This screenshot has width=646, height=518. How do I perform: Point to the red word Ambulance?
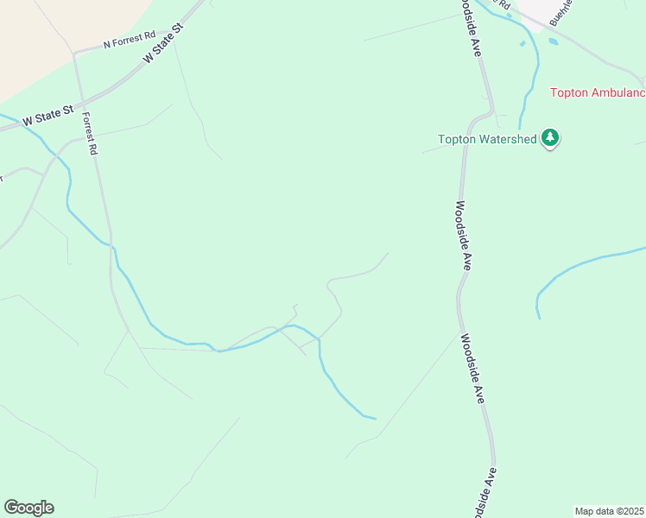pyautogui.click(x=618, y=93)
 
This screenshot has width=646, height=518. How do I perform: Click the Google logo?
pyautogui.click(x=28, y=507)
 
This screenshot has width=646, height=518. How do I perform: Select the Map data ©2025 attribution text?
pyautogui.click(x=610, y=510)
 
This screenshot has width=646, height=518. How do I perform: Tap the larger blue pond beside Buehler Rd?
pyautogui.click(x=553, y=41)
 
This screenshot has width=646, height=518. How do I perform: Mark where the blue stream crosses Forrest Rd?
pyautogui.click(x=111, y=244)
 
